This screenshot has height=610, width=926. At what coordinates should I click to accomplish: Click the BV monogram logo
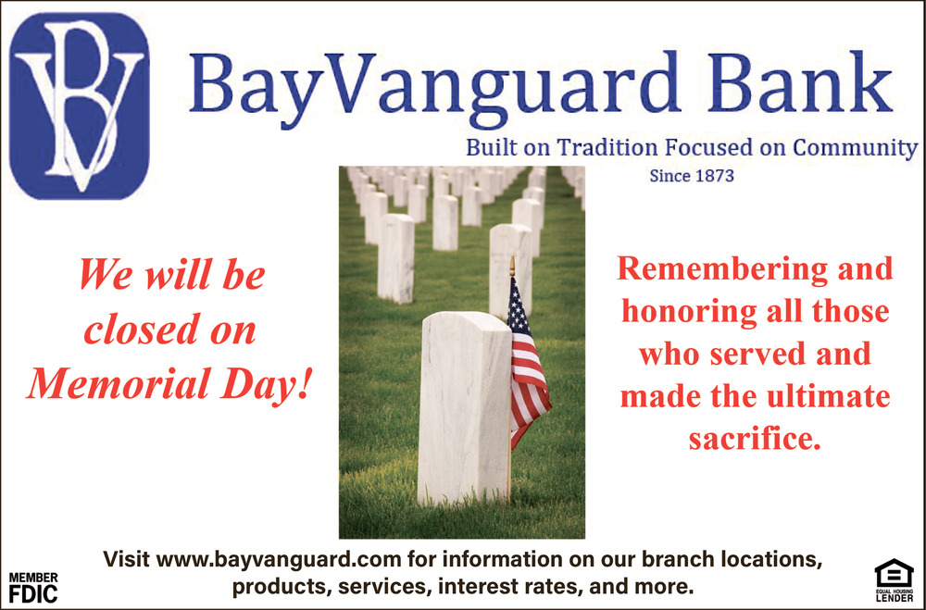[x=79, y=106]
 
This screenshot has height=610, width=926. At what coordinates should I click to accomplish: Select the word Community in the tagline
[x=855, y=148]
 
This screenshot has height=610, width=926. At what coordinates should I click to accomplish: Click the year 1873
[x=713, y=175]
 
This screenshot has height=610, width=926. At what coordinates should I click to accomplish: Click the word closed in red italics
[x=139, y=329]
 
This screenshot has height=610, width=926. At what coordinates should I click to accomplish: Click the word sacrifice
[x=755, y=439]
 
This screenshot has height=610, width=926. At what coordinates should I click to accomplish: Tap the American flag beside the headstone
[x=529, y=363]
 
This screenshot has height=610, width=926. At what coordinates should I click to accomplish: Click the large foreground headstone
[x=464, y=408]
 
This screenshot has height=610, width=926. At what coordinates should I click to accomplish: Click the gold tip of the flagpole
[x=512, y=265]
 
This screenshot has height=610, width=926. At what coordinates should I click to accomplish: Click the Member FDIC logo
[x=33, y=587]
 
